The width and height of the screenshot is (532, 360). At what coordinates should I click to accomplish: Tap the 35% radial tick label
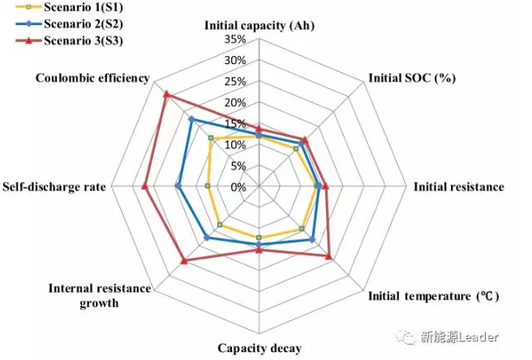pos(234,40)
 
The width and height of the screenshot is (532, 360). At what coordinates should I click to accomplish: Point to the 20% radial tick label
pos(234,103)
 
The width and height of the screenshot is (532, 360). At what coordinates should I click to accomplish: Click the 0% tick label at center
pos(238,187)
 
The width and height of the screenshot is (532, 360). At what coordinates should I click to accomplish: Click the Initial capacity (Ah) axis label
pos(259,25)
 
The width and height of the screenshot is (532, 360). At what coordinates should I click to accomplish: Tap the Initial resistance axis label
pos(458,186)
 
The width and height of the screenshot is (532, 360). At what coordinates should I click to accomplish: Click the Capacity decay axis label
pos(259,349)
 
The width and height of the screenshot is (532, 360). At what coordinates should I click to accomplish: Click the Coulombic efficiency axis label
pos(93,79)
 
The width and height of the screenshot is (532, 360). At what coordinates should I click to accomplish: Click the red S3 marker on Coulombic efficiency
pos(165,94)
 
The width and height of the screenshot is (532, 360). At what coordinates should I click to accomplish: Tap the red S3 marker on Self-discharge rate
pos(144,186)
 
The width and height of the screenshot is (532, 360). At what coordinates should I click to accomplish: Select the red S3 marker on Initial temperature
pos(328,256)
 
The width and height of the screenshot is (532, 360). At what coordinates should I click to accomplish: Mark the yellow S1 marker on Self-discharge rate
pos(208,186)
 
